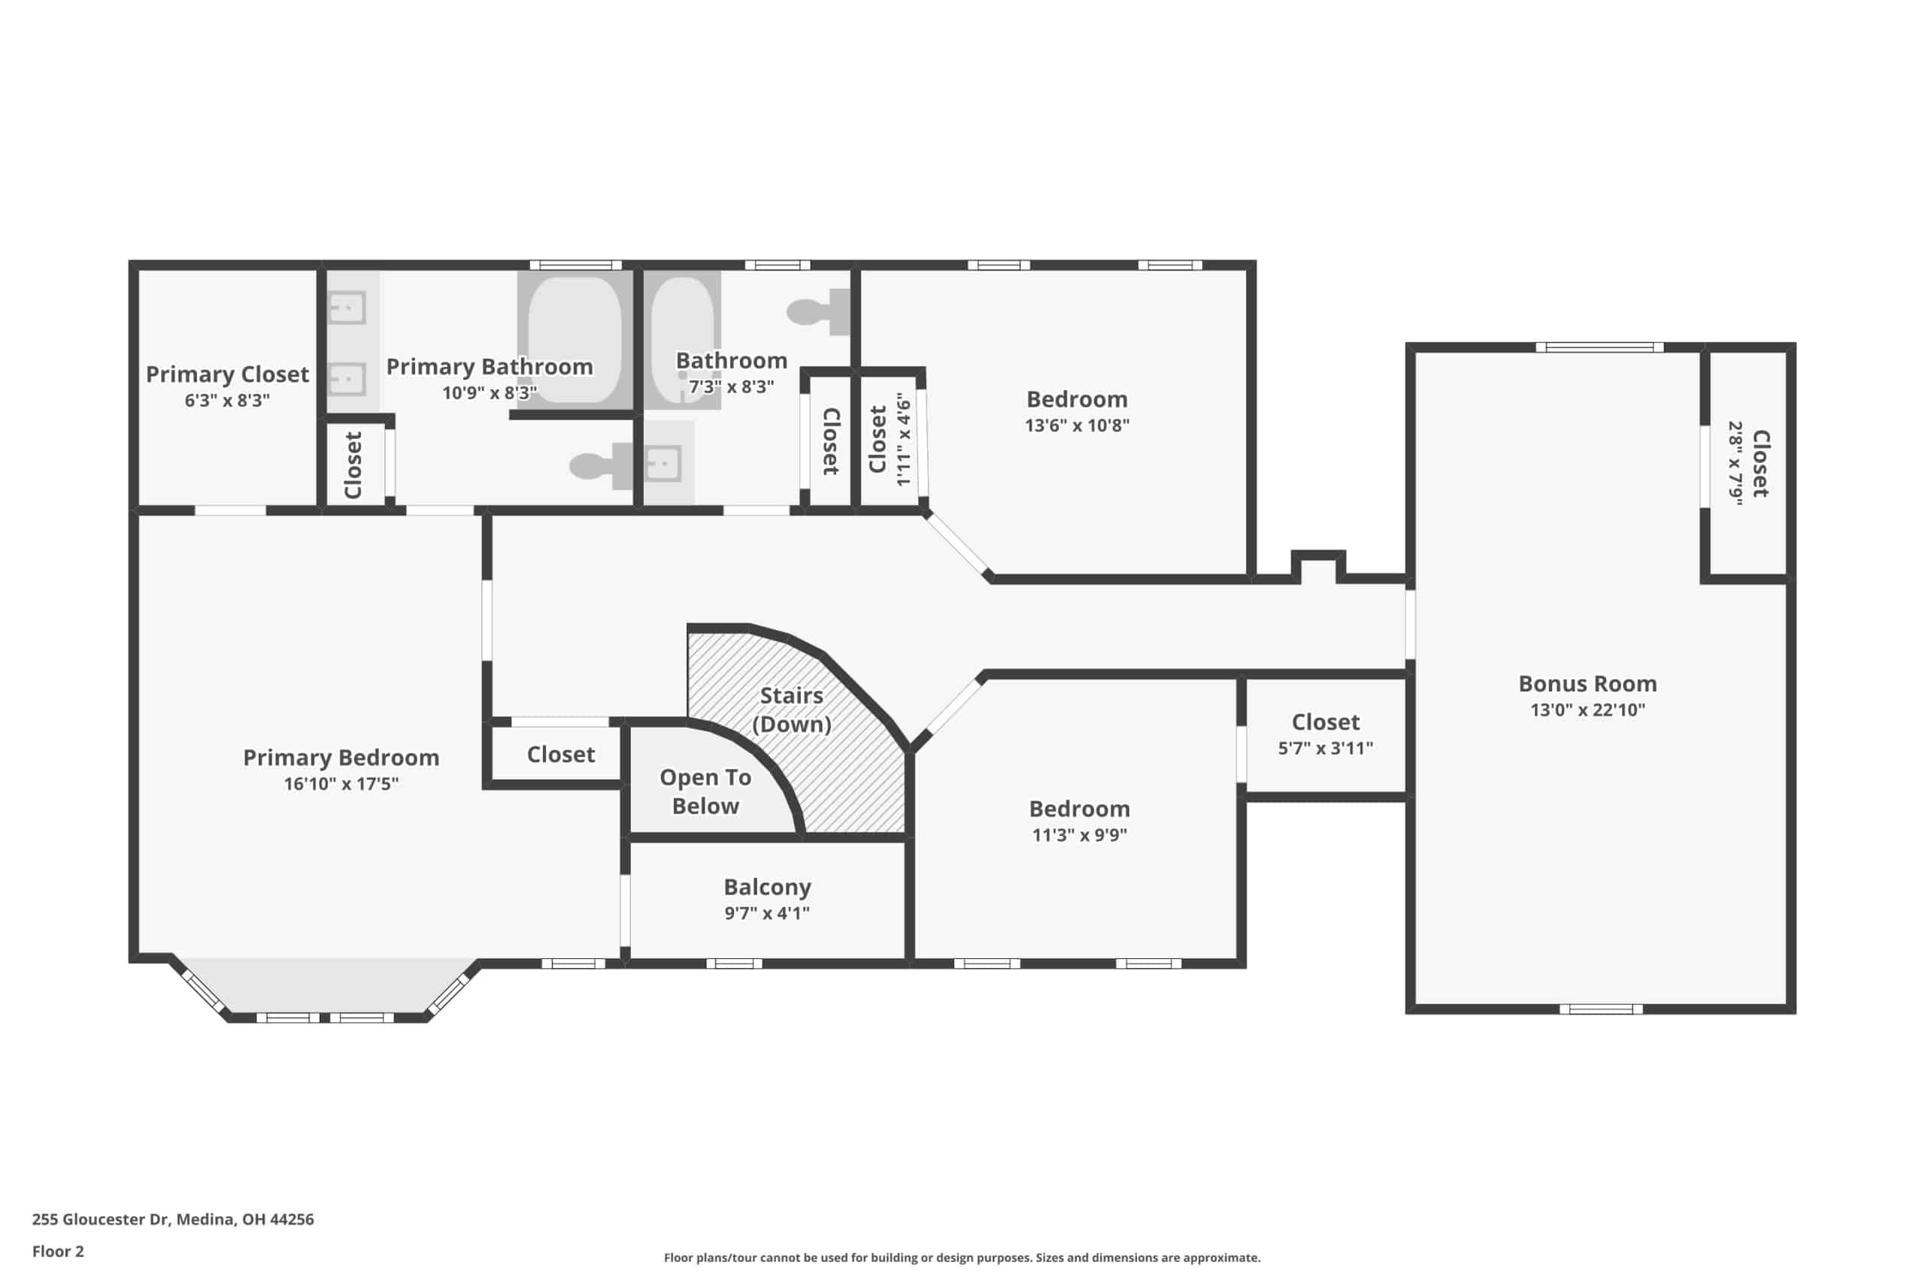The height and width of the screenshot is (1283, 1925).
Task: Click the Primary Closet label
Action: [x=228, y=375]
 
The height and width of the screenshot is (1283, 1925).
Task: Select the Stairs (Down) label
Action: [x=792, y=710]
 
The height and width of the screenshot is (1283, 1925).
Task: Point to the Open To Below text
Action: [x=705, y=791]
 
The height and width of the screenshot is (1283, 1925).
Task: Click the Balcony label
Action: [x=767, y=887]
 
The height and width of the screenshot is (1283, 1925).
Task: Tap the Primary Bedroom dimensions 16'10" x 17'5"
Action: [x=341, y=783]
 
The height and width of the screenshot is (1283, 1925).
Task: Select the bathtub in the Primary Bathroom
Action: [x=574, y=340]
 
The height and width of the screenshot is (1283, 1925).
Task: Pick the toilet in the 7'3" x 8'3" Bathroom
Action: [x=818, y=312]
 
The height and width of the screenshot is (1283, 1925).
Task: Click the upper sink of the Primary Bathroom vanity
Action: [x=346, y=308]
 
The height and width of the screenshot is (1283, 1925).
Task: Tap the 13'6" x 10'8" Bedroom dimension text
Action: [x=1077, y=425]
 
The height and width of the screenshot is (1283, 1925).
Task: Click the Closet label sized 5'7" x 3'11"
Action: [x=1325, y=722]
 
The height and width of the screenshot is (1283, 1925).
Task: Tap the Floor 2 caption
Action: [x=58, y=1251]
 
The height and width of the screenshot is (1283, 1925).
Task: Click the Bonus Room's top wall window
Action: [x=1599, y=348]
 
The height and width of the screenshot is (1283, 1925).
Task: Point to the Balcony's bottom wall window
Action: [x=734, y=963]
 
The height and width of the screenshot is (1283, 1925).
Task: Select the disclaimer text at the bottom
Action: [x=962, y=1257]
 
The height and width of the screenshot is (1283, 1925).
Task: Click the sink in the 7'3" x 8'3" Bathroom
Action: [x=663, y=464]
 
